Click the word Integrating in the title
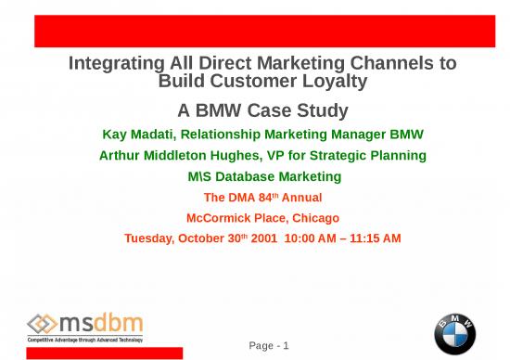coord(114,64)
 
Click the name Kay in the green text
coord(116,135)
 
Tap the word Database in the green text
coord(249,176)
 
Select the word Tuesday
coord(151,238)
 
